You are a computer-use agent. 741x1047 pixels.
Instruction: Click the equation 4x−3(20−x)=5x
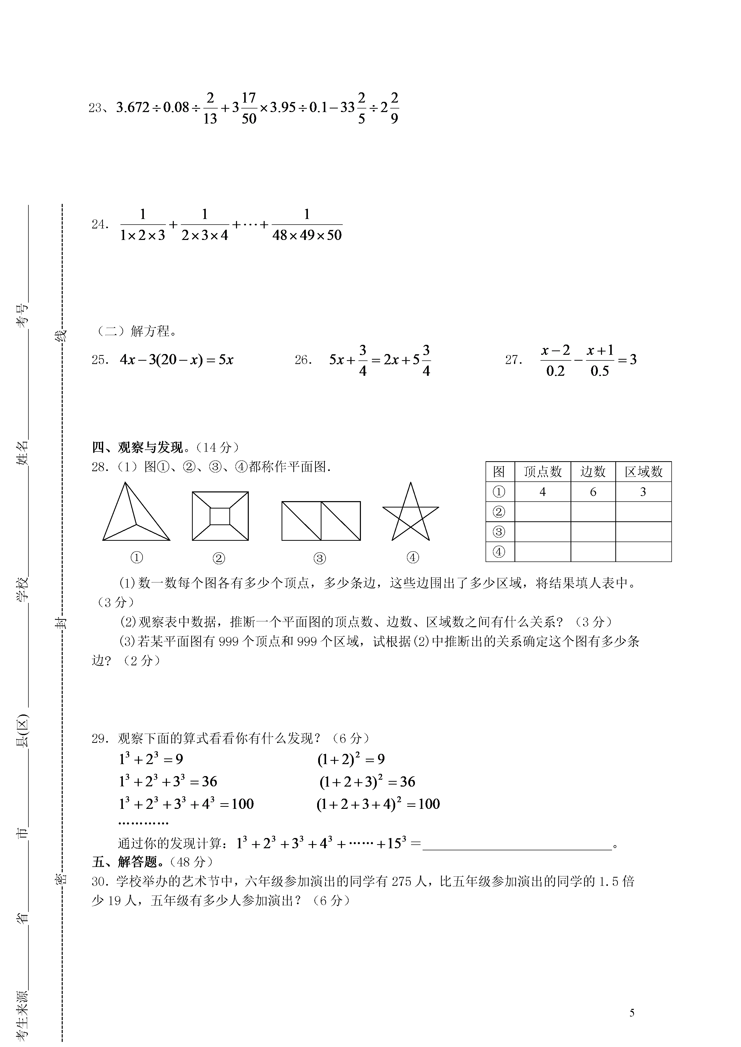tap(177, 360)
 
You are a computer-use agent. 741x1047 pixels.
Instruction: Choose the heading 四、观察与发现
tap(137, 447)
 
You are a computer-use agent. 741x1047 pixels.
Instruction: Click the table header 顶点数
tap(543, 471)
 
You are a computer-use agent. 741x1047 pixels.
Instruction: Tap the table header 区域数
tap(643, 471)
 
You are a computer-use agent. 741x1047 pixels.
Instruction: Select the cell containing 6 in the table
tap(593, 492)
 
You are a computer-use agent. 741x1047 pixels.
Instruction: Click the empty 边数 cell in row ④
tap(593, 552)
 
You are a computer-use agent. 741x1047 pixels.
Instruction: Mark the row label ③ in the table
tap(499, 532)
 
